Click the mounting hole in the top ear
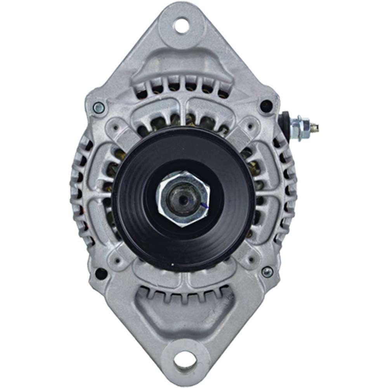181,26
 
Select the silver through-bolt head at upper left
99,107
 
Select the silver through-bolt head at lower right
267,272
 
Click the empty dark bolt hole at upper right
266,106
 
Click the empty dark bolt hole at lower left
101,273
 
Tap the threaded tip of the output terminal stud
316,126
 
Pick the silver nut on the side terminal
301,128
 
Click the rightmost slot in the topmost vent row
223,93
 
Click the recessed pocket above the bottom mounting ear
182,314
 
